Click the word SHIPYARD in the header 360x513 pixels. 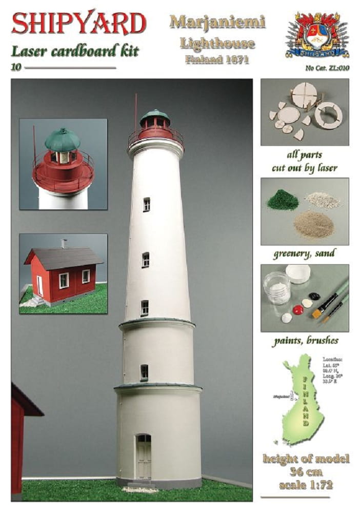point(79,23)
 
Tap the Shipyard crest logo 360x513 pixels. point(317,35)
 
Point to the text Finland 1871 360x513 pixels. point(217,59)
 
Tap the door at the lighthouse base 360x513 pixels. point(144,457)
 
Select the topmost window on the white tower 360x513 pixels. point(146,204)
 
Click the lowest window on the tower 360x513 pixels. point(144,372)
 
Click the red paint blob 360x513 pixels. point(297,309)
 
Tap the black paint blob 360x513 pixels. point(314,297)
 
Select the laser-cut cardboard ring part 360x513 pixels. point(328,115)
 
